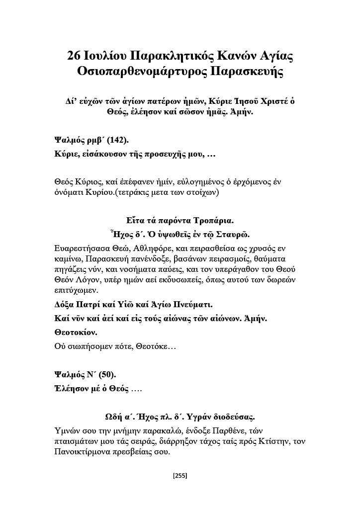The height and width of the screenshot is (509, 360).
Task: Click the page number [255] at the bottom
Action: [180, 476]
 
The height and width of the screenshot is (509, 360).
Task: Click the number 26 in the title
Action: [75, 56]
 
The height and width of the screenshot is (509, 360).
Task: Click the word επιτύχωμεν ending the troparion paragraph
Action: [74, 291]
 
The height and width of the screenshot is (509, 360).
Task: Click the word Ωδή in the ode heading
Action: [111, 416]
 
